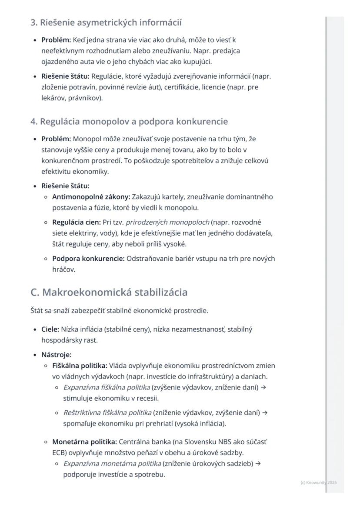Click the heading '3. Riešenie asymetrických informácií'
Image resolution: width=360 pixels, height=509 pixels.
[x=106, y=22]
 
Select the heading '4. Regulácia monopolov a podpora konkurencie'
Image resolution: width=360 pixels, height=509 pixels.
[x=129, y=121]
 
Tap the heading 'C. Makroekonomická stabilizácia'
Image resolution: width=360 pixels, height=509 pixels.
[x=109, y=292]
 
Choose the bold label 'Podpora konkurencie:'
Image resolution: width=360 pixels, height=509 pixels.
[x=88, y=259]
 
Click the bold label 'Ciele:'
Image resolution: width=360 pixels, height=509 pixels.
[x=50, y=329]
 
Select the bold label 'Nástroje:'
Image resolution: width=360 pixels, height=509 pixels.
[x=56, y=355]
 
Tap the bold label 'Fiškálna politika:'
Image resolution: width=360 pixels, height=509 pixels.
[x=80, y=366]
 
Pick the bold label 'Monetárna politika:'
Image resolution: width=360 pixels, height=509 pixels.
[x=84, y=442]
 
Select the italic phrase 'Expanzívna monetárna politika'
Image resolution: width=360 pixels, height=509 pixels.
[x=112, y=463]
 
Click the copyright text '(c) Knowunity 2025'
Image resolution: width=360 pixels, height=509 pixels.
[x=318, y=482]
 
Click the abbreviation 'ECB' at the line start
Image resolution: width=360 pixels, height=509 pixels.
[x=59, y=452]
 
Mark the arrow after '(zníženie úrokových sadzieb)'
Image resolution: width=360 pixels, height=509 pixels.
[x=258, y=463]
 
